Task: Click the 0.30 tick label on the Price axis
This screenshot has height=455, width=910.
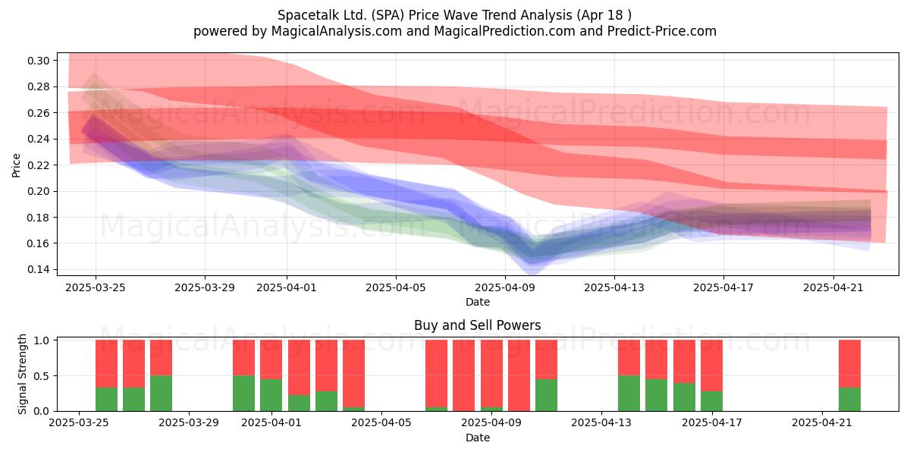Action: tap(38, 61)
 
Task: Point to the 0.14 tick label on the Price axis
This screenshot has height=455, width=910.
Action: tap(38, 270)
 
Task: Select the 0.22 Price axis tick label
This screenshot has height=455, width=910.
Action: tap(38, 165)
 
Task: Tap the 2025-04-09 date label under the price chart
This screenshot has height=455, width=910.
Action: tap(505, 287)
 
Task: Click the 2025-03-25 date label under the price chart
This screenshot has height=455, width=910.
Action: tap(96, 287)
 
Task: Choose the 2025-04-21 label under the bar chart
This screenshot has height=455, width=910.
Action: tap(822, 423)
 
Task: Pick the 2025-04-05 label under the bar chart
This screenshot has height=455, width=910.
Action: tap(381, 423)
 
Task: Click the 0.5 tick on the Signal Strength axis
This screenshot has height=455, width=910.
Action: tap(42, 376)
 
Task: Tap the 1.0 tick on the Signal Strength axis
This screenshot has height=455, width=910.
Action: tap(42, 340)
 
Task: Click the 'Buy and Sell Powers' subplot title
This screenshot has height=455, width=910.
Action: tap(477, 325)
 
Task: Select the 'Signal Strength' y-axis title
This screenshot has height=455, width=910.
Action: tap(22, 374)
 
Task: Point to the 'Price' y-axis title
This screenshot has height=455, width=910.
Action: tap(16, 165)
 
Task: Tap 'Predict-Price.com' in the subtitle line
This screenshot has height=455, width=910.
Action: tap(662, 31)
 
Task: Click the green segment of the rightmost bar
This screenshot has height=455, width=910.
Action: tap(849, 400)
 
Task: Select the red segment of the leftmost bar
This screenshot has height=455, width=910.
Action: tap(106, 363)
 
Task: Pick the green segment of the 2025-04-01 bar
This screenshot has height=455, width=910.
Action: tap(271, 395)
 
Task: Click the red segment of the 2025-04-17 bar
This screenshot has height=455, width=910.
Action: tap(711, 366)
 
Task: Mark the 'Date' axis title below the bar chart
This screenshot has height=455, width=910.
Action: tap(477, 438)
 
